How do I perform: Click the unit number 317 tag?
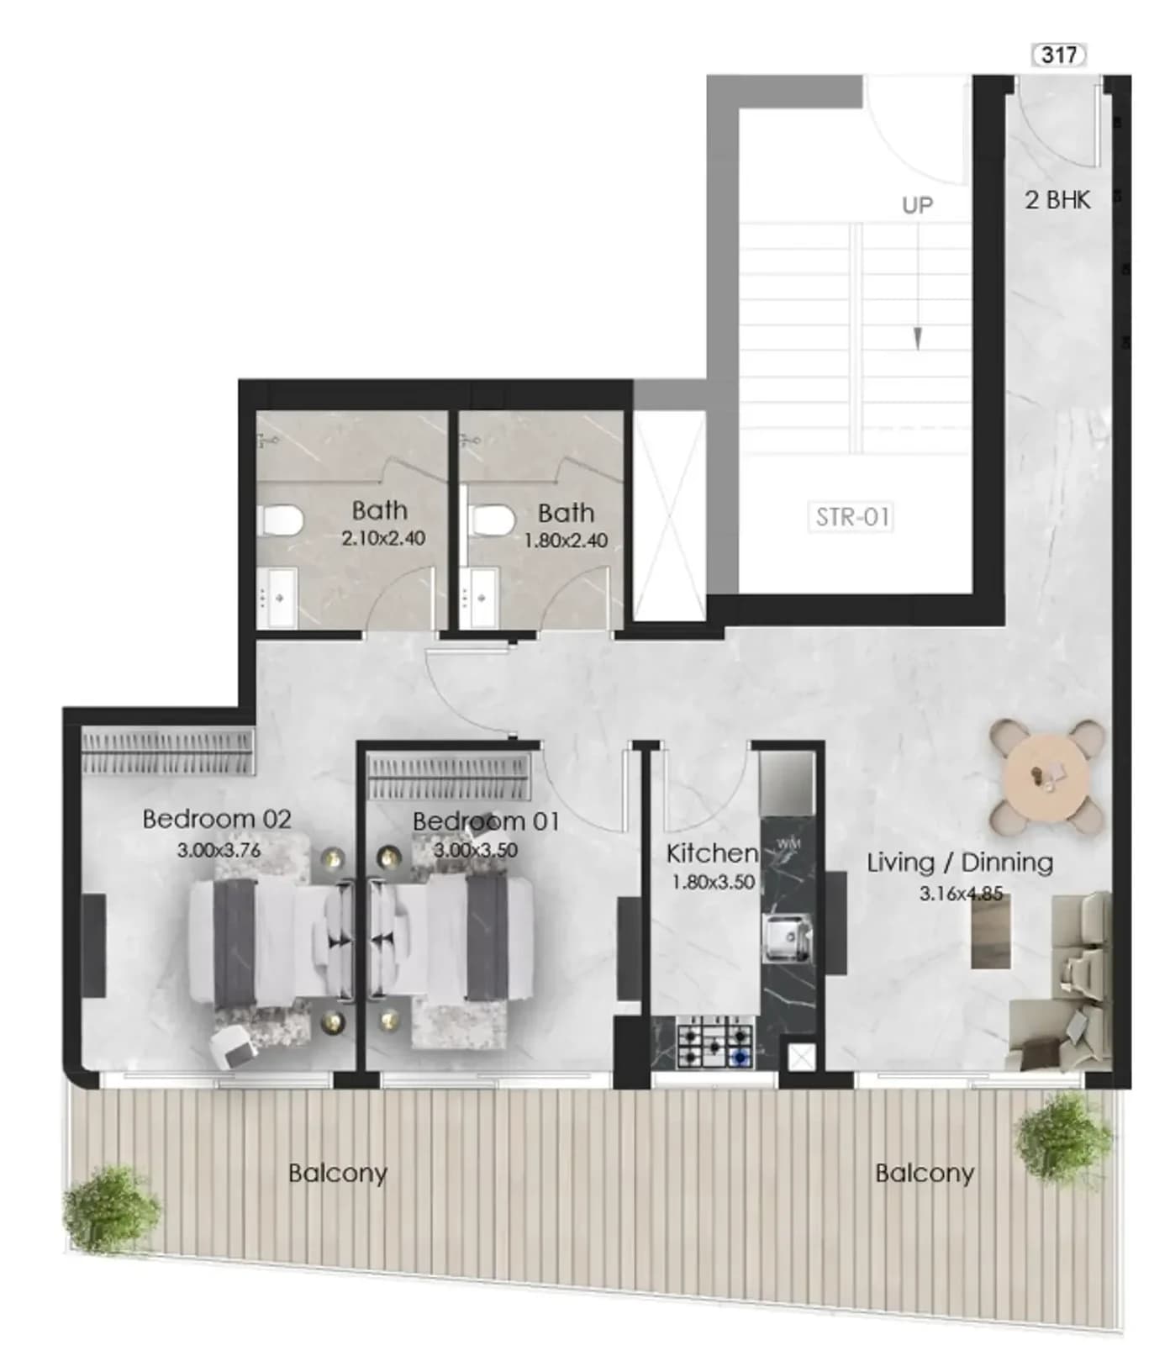click(1058, 55)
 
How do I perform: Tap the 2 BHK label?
click(1057, 200)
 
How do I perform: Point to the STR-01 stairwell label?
click(851, 516)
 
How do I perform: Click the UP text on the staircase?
click(917, 205)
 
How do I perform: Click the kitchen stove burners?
click(714, 1043)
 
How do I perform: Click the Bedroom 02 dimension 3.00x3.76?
click(219, 850)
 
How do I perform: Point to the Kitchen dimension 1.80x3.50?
click(713, 883)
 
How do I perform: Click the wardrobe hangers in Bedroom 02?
click(167, 751)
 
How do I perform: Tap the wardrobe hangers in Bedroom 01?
click(450, 776)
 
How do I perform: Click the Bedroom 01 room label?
click(486, 821)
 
